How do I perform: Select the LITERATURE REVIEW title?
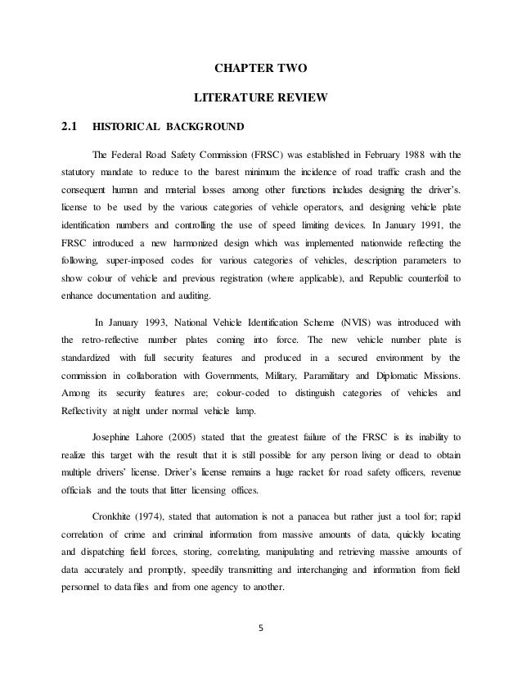pos(260,99)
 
